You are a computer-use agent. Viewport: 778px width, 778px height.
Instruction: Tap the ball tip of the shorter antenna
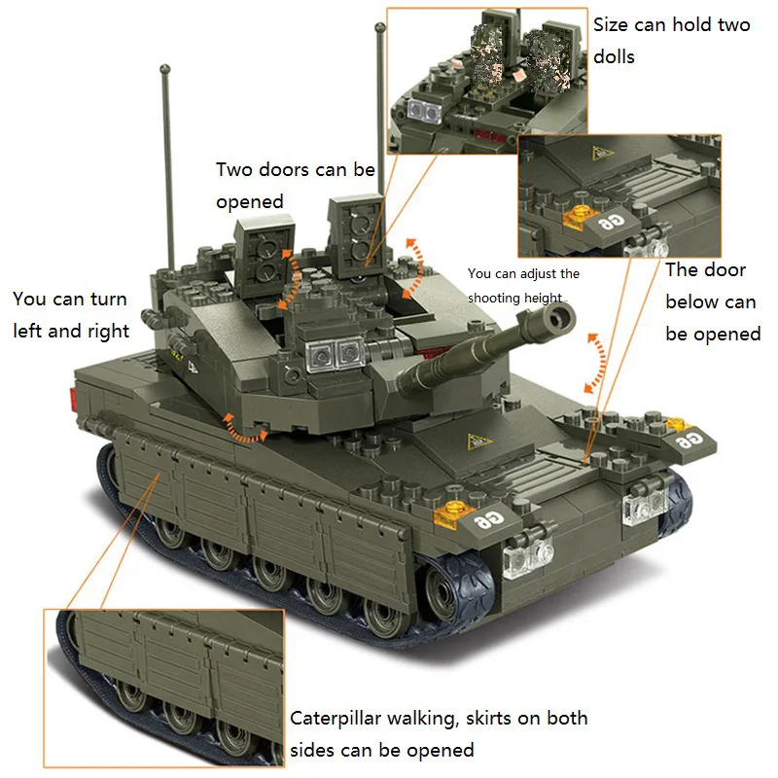[162, 71]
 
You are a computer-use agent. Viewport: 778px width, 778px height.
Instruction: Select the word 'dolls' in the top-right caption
[614, 56]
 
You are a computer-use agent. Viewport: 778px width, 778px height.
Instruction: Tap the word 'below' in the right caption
[710, 301]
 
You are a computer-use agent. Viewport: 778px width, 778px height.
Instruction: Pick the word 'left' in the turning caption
[31, 331]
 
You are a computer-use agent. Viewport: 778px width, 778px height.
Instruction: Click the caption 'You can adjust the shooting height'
[522, 286]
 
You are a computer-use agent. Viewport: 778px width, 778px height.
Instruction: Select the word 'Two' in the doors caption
[233, 170]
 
